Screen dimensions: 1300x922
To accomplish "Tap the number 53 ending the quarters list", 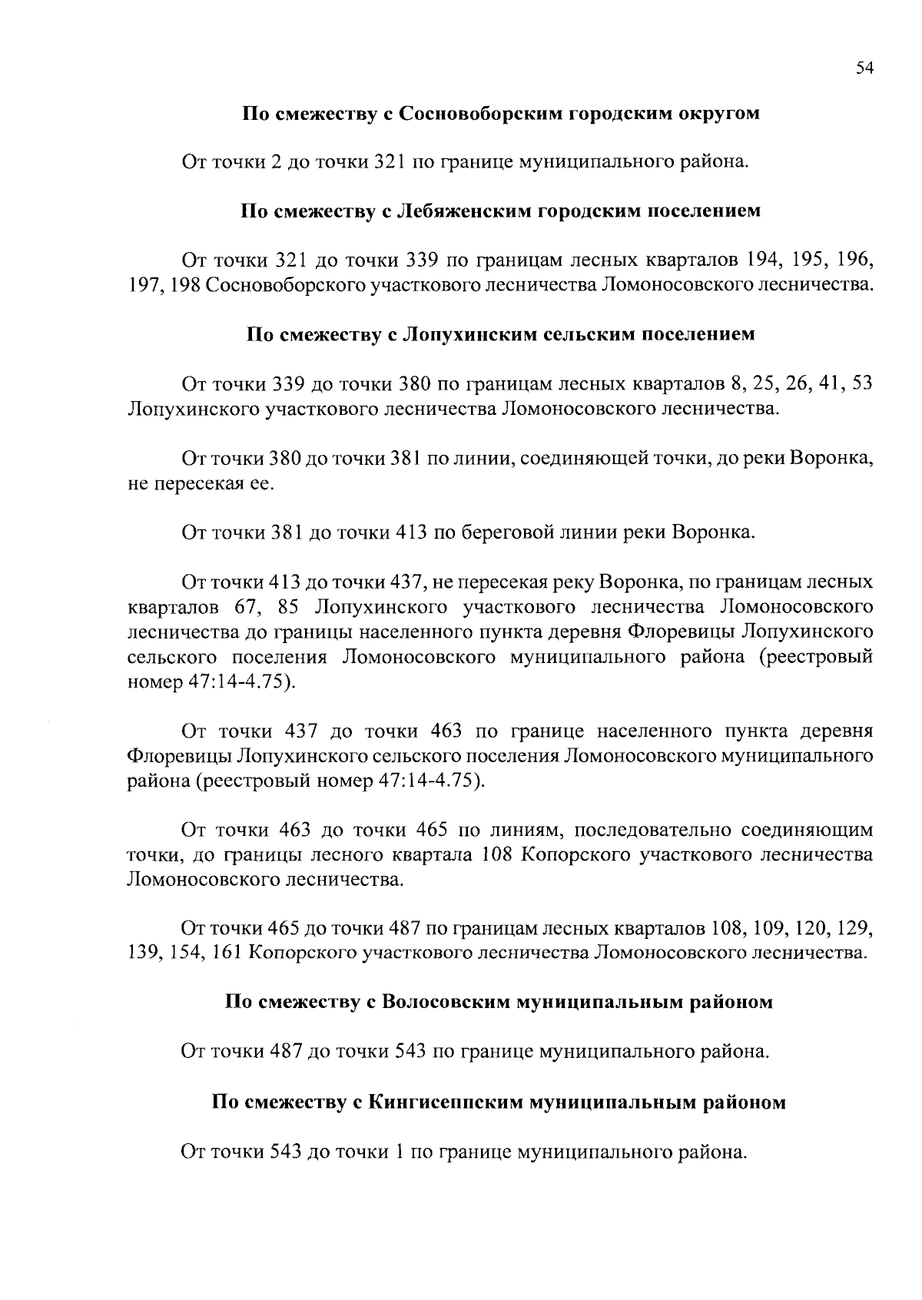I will point(863,383).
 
